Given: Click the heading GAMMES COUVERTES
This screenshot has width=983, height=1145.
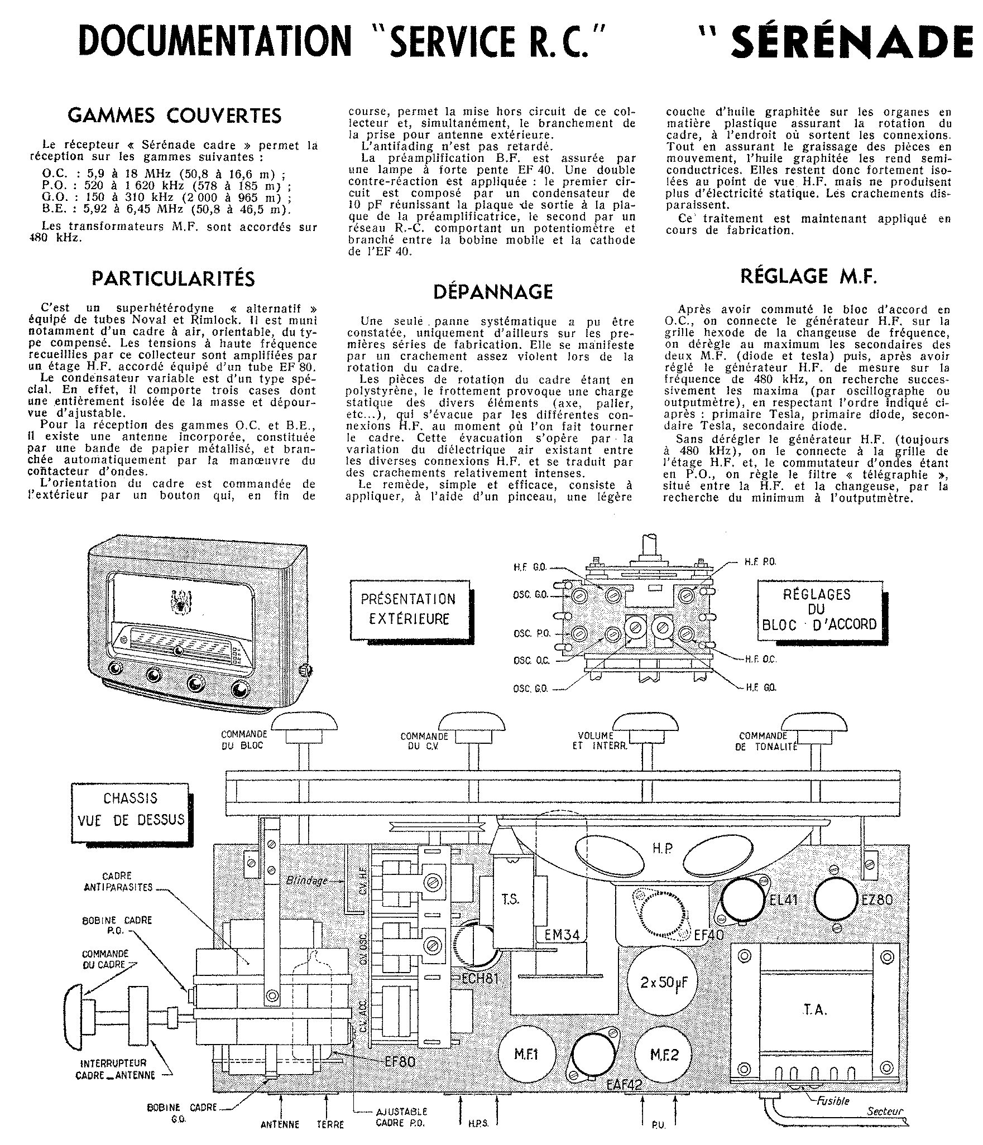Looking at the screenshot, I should (174, 116).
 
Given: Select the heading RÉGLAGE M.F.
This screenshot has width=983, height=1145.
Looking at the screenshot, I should (808, 276).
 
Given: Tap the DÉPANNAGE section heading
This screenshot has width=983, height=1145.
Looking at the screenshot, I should (493, 291).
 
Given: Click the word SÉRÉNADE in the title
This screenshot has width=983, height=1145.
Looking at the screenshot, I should (854, 42).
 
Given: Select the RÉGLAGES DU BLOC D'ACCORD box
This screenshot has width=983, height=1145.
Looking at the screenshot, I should (819, 609).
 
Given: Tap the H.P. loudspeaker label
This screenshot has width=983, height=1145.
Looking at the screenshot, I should (663, 849).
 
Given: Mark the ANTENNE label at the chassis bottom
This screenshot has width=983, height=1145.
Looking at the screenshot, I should (280, 1124).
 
